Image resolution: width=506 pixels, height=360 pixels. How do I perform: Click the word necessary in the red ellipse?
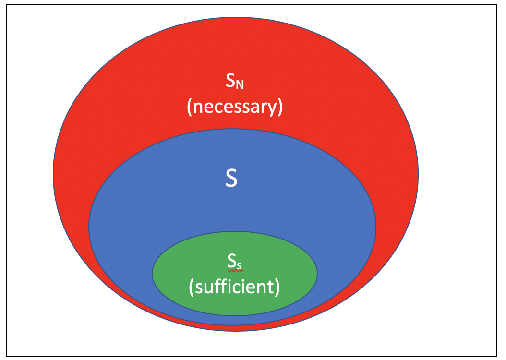click(x=235, y=107)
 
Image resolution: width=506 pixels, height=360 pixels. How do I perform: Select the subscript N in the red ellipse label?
click(x=241, y=85)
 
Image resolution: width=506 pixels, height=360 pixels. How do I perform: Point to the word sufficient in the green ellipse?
click(x=234, y=287)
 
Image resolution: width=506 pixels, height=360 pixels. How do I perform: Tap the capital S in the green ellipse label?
click(x=231, y=262)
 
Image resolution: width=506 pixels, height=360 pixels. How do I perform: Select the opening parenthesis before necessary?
click(x=190, y=107)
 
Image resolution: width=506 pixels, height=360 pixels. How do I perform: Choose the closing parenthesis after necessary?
click(x=280, y=107)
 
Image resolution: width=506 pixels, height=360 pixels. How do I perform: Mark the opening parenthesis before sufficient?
click(x=192, y=287)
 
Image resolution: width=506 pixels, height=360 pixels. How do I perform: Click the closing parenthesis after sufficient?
click(x=277, y=287)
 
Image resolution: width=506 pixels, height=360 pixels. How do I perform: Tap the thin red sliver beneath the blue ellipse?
click(x=235, y=328)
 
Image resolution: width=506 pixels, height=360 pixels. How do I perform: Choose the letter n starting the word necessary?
click(x=198, y=108)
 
